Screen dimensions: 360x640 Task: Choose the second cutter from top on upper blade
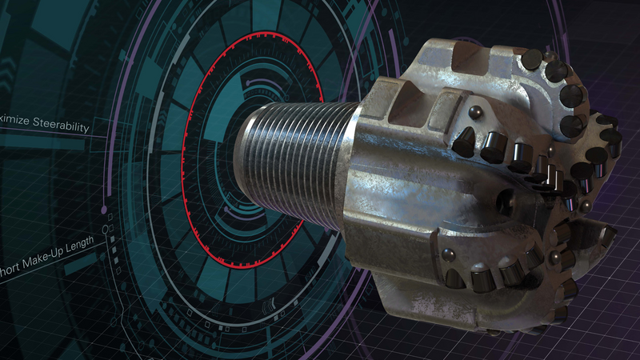pos(559,73)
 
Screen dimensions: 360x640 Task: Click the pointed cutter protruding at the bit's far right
pos(604,235)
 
